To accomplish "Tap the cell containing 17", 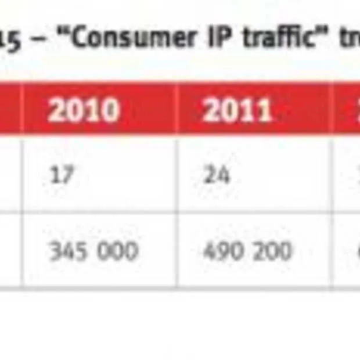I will tap(62, 175).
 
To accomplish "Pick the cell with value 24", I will tap(217, 175).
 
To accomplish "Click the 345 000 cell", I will tap(93, 251).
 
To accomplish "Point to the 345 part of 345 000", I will tap(66, 251).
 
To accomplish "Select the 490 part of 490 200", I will tap(221, 251).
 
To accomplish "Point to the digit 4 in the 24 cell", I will tap(223, 175).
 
